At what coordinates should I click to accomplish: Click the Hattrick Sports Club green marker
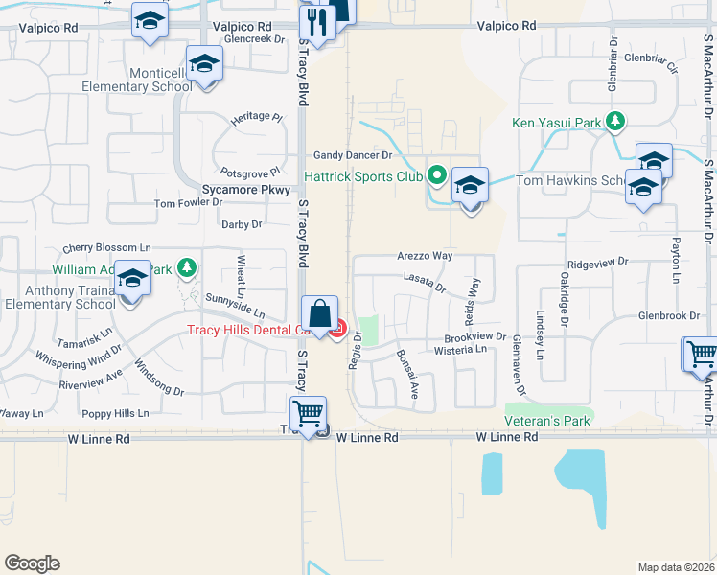(x=438, y=175)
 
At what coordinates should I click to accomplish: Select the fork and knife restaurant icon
(x=315, y=22)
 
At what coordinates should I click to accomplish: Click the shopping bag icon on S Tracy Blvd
(x=319, y=312)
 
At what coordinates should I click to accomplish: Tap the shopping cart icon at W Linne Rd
(x=309, y=415)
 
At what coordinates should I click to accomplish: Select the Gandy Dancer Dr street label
(x=354, y=155)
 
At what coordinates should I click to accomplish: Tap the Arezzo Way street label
(x=425, y=257)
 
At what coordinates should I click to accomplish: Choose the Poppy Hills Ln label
(x=115, y=413)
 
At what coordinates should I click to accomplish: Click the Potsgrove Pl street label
(x=252, y=171)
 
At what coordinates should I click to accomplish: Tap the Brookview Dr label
(x=474, y=337)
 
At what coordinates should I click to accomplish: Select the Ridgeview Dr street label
(x=597, y=261)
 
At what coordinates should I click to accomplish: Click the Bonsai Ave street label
(x=408, y=373)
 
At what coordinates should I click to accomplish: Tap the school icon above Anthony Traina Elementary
(x=132, y=278)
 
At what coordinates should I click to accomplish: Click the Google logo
(x=32, y=563)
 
